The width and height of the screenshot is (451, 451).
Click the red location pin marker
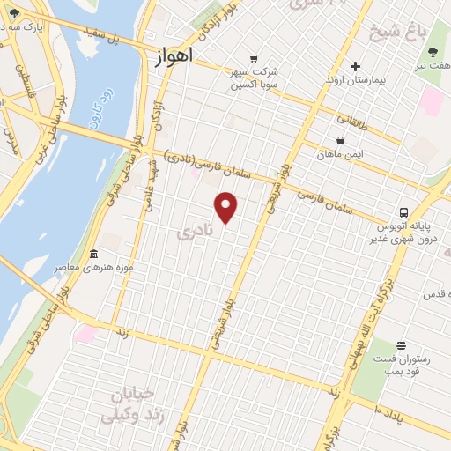pyautogui.click(x=226, y=207)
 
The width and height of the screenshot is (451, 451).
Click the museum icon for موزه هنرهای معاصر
pyautogui.click(x=93, y=254)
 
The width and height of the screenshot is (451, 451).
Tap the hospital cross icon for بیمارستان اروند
pyautogui.click(x=355, y=66)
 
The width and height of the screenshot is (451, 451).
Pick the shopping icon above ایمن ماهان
pyautogui.click(x=341, y=139)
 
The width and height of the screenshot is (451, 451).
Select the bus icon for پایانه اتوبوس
pyautogui.click(x=403, y=212)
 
